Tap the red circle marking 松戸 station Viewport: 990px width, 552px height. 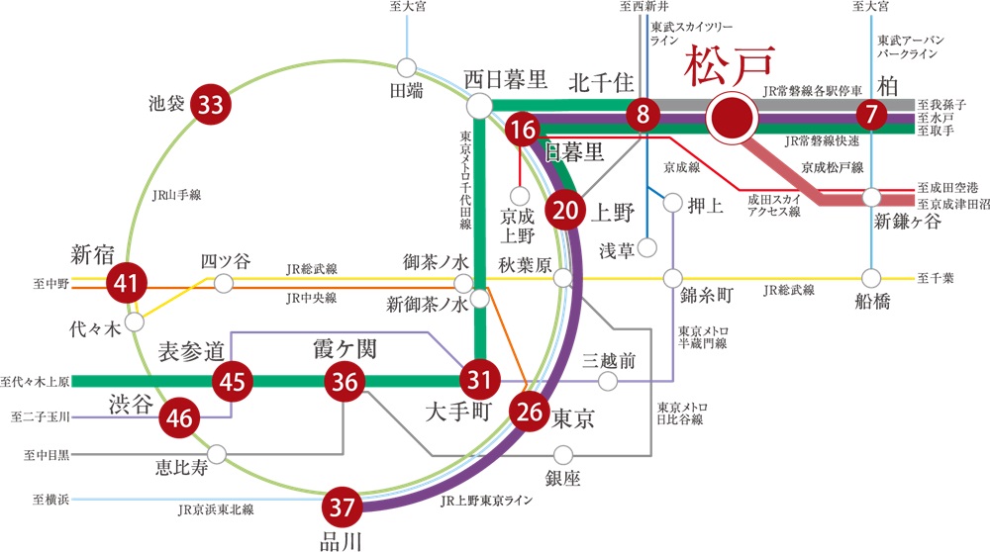point(733,117)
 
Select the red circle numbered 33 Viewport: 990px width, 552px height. point(209,104)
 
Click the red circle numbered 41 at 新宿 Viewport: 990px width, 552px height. point(126,284)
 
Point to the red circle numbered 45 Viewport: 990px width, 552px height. point(234,380)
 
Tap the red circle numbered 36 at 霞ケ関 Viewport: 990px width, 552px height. point(346,380)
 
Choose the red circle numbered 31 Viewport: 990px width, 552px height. point(479,380)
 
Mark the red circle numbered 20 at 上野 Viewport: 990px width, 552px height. point(565,210)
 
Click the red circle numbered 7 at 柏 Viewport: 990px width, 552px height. point(871,116)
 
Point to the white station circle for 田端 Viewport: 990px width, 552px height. point(406,67)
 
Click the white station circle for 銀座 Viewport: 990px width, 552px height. point(563,455)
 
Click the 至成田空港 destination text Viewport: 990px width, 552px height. point(948,187)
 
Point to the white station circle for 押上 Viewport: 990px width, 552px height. point(673,204)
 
